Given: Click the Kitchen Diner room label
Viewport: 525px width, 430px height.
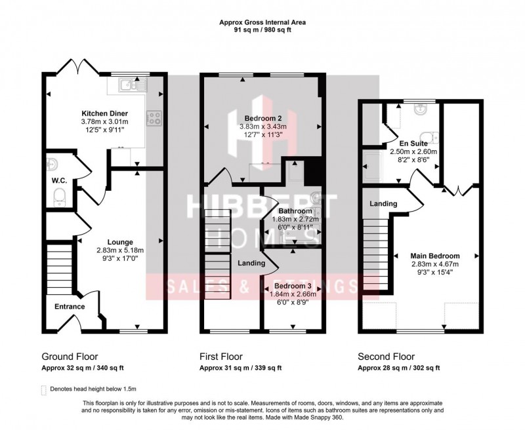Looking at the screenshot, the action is (x=105, y=113).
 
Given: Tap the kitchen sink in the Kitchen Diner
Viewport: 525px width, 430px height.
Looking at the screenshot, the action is (x=133, y=85).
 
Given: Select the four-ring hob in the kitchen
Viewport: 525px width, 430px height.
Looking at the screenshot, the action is (x=154, y=119).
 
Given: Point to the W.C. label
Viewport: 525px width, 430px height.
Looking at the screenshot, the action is (x=59, y=181).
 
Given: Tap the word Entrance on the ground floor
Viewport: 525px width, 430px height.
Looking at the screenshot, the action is (x=70, y=307).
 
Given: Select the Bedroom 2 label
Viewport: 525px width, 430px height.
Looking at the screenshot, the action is (x=263, y=119).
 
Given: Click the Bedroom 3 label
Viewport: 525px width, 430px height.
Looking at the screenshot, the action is (x=293, y=286).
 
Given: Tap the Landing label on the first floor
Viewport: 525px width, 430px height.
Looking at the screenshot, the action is (x=251, y=263).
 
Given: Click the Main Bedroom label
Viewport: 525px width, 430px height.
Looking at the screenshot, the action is (x=435, y=256).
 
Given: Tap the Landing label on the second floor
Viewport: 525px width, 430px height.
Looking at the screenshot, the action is (x=383, y=204).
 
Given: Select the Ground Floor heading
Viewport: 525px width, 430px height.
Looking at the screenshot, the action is (x=70, y=357).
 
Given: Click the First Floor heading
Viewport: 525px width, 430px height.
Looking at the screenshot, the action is (x=221, y=357).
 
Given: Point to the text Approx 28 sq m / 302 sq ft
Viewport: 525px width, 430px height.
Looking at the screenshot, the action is (x=399, y=368).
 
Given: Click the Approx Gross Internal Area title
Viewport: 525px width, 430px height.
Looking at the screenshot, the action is (x=262, y=23).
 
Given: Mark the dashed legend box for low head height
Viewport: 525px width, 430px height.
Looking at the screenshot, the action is (x=43, y=390).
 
